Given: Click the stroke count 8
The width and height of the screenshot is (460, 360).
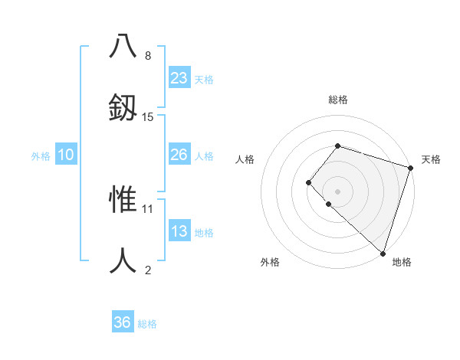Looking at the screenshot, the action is click(x=148, y=56).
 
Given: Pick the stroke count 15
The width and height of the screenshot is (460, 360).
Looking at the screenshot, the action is click(x=148, y=116).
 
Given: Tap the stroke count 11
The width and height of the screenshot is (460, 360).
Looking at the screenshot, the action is click(x=148, y=208).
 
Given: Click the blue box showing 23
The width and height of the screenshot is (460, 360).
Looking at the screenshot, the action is click(x=179, y=78).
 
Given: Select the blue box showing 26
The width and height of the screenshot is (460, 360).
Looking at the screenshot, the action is click(x=179, y=155).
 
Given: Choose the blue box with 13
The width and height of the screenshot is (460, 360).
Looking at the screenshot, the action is click(x=179, y=231).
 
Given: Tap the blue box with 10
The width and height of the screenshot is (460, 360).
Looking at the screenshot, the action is click(x=66, y=155).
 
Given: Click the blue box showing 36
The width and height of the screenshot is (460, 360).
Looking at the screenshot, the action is click(x=123, y=322).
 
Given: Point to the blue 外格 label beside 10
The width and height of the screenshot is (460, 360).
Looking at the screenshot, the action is click(x=41, y=155).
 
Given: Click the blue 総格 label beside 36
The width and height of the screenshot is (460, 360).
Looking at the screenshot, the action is click(x=147, y=324).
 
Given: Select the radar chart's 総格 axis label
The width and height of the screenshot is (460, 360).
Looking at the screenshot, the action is click(x=338, y=100).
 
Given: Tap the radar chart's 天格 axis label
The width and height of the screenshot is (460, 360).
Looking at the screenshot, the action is click(x=431, y=159).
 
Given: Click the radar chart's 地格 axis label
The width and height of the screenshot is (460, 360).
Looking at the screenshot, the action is click(x=402, y=262).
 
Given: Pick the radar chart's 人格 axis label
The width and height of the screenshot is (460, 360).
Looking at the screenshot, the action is click(x=245, y=159).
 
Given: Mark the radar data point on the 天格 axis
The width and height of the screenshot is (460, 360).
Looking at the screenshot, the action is click(x=410, y=168).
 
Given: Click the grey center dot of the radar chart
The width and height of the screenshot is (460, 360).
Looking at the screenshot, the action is click(x=337, y=191).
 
